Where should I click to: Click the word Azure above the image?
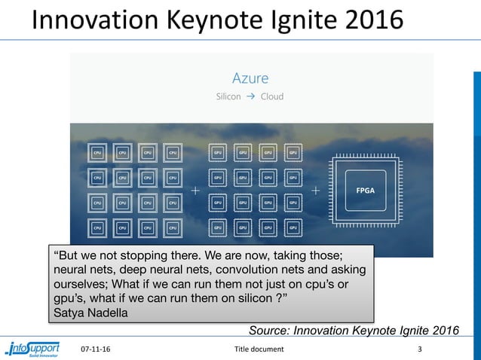[x=250, y=78]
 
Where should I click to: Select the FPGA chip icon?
[x=370, y=190]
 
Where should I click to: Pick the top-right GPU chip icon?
[x=293, y=152]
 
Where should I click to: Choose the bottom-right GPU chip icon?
[x=293, y=227]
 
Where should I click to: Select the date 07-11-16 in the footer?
[x=94, y=349]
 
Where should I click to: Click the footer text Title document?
[x=259, y=349]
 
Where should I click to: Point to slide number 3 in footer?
[x=420, y=349]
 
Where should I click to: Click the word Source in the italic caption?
[x=270, y=330]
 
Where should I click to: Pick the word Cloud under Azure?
[x=272, y=96]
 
